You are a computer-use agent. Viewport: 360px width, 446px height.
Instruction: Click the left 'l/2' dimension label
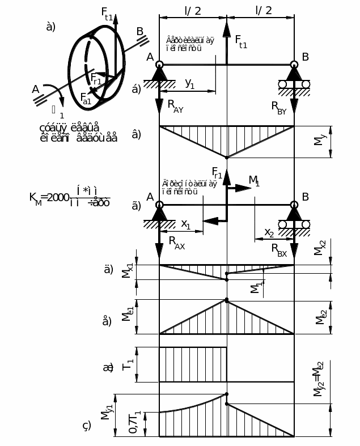[x=193, y=10]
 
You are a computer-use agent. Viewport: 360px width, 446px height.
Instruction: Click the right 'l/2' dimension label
[x=264, y=10]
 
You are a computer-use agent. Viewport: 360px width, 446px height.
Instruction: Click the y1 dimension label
[x=190, y=83]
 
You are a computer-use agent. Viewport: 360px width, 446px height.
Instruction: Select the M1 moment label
[x=254, y=181]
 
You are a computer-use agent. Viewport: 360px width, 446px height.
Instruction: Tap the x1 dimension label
[x=186, y=224]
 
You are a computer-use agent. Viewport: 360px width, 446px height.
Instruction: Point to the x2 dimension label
[x=269, y=232]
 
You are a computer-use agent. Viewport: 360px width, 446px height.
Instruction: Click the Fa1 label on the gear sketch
[x=86, y=97]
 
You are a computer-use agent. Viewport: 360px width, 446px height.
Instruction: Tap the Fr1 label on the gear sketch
[x=96, y=79]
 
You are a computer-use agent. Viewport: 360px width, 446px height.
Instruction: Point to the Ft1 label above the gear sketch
[x=107, y=13]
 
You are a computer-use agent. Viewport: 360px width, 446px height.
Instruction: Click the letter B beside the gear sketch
[x=140, y=31]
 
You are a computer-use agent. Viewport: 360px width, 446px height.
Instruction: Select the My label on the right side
[x=319, y=142]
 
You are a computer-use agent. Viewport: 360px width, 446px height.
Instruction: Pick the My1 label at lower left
[x=106, y=410]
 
